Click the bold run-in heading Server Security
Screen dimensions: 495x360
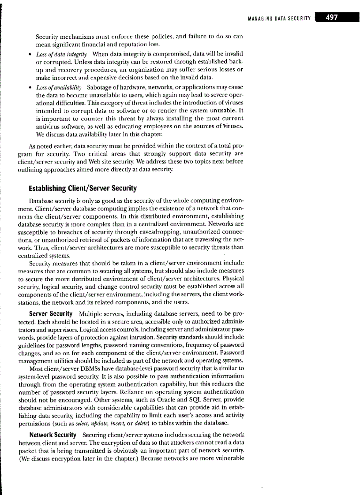coord(51,314)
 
